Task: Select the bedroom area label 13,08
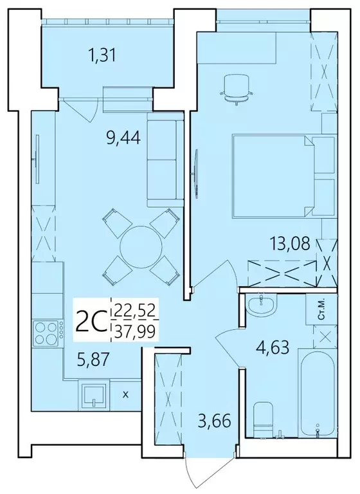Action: point(291,244)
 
